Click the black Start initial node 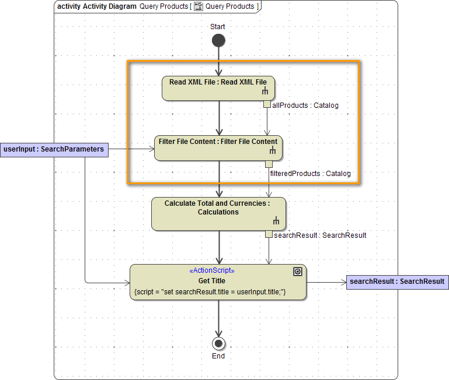pos(218,40)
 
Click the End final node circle pos(218,343)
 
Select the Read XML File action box pos(218,88)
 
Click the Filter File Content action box pos(218,148)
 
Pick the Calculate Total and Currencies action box pos(218,214)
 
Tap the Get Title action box pos(218,282)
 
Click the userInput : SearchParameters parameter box pos(54,150)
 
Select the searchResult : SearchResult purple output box pos(397,282)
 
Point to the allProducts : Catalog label pos(305,105)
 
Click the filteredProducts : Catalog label pos(310,174)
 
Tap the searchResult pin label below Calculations pos(320,235)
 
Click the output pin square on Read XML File pos(267,104)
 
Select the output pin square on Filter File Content pos(269,164)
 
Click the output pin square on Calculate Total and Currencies pos(269,234)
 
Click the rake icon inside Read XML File pos(264,92)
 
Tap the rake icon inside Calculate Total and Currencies pos(276,221)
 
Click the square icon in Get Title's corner pos(297,271)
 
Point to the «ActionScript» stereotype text pos(212,271)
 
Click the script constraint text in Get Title pos(210,291)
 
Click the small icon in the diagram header pos(198,6)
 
